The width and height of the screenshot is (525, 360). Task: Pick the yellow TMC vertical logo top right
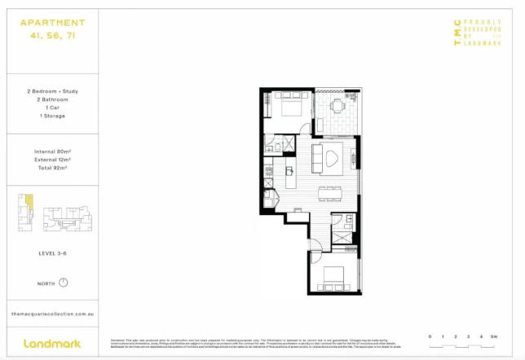coord(457,37)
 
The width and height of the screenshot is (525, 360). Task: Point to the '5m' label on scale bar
coord(495,336)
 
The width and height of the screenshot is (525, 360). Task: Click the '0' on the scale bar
coord(430,336)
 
